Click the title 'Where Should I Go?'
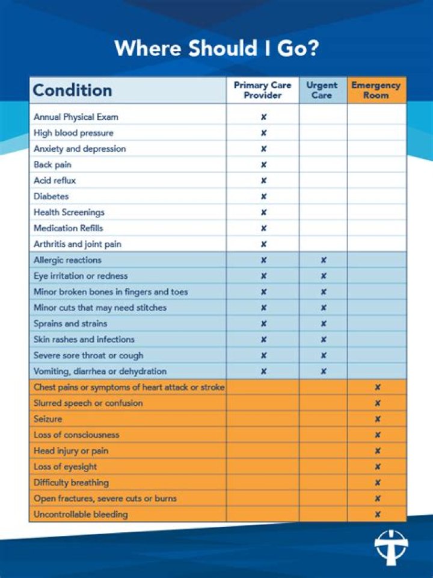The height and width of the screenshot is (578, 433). pyautogui.click(x=216, y=48)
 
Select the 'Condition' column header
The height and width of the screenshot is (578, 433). pyautogui.click(x=72, y=90)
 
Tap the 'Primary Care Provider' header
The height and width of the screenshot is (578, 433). pyautogui.click(x=263, y=90)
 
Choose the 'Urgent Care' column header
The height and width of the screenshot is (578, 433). pyautogui.click(x=322, y=90)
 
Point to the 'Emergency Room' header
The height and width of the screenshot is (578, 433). pyautogui.click(x=376, y=90)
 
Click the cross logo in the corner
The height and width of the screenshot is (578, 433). pyautogui.click(x=391, y=547)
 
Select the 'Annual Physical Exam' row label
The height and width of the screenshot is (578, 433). pyautogui.click(x=76, y=117)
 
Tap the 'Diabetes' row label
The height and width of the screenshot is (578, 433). pyautogui.click(x=51, y=196)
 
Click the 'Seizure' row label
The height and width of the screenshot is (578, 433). pyautogui.click(x=48, y=419)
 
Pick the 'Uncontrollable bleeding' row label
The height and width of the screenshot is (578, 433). pyautogui.click(x=81, y=515)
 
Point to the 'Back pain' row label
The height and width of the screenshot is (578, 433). pyautogui.click(x=52, y=164)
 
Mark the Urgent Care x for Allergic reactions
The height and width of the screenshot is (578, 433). pyautogui.click(x=324, y=260)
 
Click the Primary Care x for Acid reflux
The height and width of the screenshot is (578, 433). pyautogui.click(x=263, y=181)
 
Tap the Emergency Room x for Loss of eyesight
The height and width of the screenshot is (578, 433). pyautogui.click(x=378, y=467)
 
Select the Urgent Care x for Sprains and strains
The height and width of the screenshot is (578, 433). pyautogui.click(x=324, y=324)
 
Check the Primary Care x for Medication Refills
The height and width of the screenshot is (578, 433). pyautogui.click(x=263, y=228)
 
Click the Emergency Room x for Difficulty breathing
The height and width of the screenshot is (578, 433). pyautogui.click(x=378, y=483)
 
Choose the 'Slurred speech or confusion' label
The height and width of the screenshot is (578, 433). pyautogui.click(x=88, y=403)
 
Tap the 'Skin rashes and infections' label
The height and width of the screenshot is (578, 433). pyautogui.click(x=84, y=340)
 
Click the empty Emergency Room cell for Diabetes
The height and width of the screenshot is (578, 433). pyautogui.click(x=376, y=196)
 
